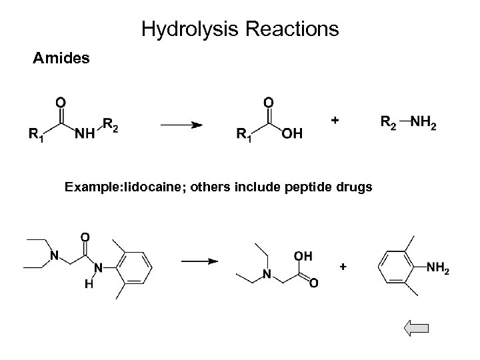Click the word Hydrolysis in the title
pyautogui.click(x=183, y=29)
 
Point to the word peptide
pyautogui.click(x=305, y=188)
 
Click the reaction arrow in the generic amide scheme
pyautogui.click(x=179, y=124)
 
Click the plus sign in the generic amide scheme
pyautogui.click(x=334, y=120)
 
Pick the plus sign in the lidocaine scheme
pyautogui.click(x=343, y=266)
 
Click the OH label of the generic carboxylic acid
pyautogui.click(x=292, y=135)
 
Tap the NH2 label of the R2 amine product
pyautogui.click(x=423, y=123)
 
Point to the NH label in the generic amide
pyautogui.click(x=84, y=135)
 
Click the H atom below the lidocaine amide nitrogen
pyautogui.click(x=88, y=285)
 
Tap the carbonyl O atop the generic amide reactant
pyautogui.click(x=61, y=102)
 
